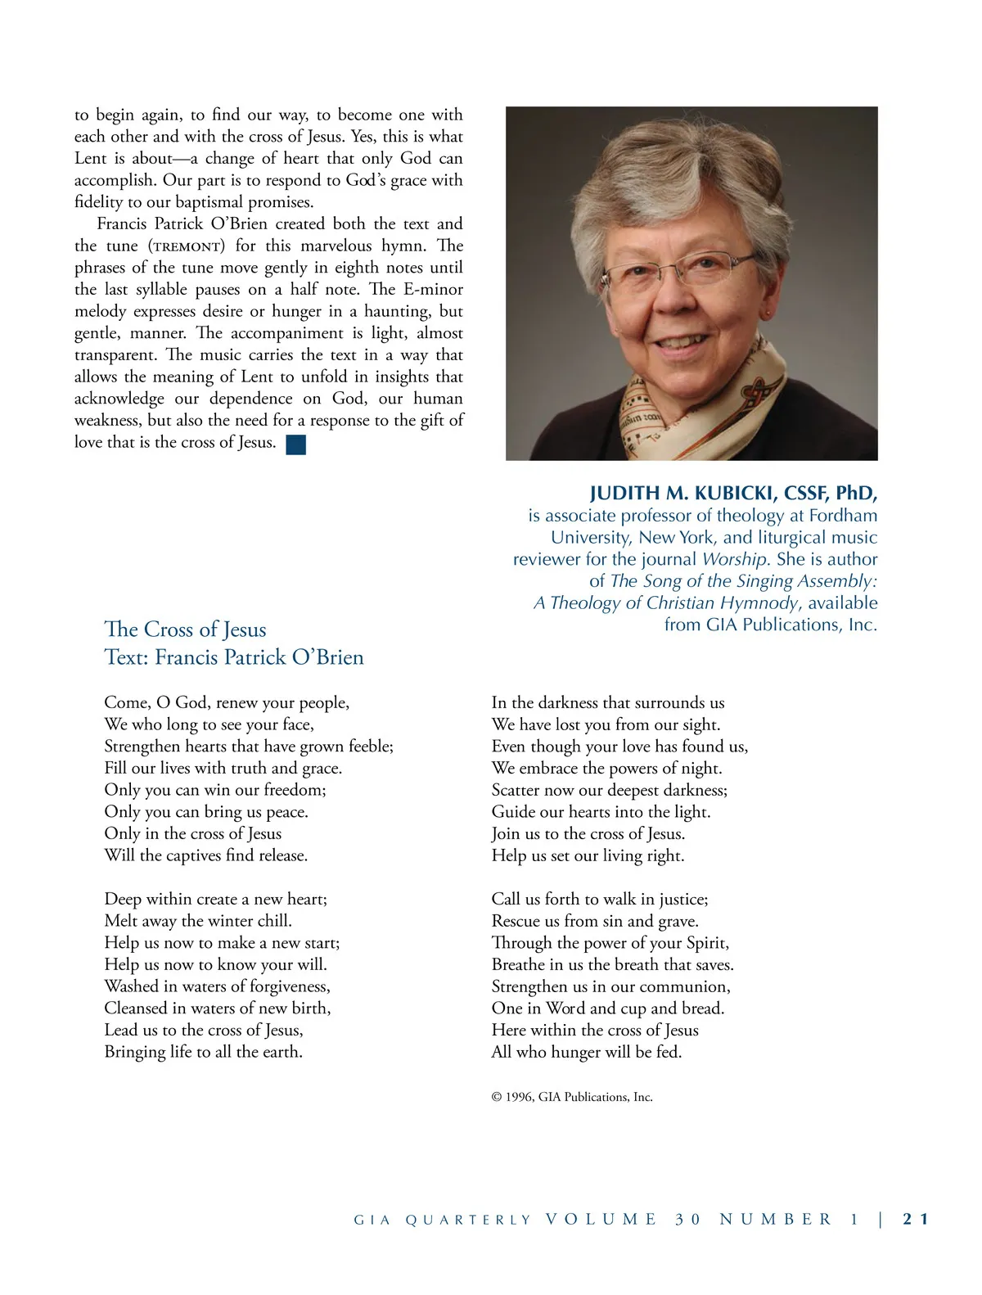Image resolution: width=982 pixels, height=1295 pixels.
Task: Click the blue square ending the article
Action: click(x=296, y=444)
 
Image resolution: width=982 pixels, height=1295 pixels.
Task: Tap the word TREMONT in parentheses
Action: click(x=187, y=246)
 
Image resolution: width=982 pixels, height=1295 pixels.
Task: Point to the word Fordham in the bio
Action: click(x=843, y=516)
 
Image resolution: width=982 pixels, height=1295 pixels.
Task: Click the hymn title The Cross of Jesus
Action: click(x=186, y=629)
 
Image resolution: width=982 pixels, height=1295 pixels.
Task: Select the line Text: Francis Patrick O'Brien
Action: click(x=234, y=657)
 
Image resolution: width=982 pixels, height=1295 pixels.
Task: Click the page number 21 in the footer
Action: click(x=916, y=1219)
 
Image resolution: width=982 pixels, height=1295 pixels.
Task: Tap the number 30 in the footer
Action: click(x=688, y=1219)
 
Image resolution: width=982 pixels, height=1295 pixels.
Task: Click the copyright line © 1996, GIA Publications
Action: click(x=572, y=1097)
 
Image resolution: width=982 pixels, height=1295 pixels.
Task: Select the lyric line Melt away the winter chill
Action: click(x=198, y=921)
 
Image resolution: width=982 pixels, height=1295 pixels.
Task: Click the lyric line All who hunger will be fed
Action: click(x=587, y=1052)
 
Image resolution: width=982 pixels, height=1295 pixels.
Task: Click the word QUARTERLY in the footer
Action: click(x=468, y=1220)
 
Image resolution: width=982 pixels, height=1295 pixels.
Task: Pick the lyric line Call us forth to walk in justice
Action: click(x=600, y=899)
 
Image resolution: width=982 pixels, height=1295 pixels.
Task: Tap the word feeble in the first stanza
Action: click(x=370, y=747)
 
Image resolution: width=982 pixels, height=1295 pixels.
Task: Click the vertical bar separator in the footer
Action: click(x=881, y=1219)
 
